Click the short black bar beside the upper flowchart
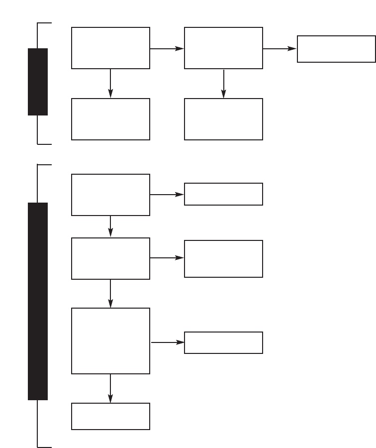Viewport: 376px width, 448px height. [38, 82]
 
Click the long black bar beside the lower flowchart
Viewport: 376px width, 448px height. [38, 301]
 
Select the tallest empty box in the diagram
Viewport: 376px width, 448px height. [110, 340]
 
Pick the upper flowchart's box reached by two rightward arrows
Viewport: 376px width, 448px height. [336, 49]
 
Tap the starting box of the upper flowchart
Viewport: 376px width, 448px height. [110, 48]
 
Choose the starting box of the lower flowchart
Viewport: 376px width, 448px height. [110, 195]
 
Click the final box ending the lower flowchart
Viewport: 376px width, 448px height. [110, 416]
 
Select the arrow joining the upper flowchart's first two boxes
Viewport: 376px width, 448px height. [167, 49]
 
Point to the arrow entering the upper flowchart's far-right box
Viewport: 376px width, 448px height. [280, 49]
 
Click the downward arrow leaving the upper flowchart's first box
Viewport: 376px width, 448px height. [110, 83]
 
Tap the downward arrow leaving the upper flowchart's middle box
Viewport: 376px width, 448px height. [224, 83]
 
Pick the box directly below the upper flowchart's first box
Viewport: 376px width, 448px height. [110, 119]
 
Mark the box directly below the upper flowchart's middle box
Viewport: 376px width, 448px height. [223, 119]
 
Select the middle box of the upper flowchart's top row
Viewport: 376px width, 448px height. [223, 48]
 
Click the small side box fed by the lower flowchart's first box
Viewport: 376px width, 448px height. [223, 194]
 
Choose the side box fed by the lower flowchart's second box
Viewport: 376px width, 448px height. [223, 259]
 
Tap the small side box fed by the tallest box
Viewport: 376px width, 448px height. [223, 342]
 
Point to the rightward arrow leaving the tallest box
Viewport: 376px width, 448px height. [167, 342]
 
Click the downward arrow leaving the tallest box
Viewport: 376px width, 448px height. [110, 388]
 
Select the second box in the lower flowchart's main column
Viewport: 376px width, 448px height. [110, 258]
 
